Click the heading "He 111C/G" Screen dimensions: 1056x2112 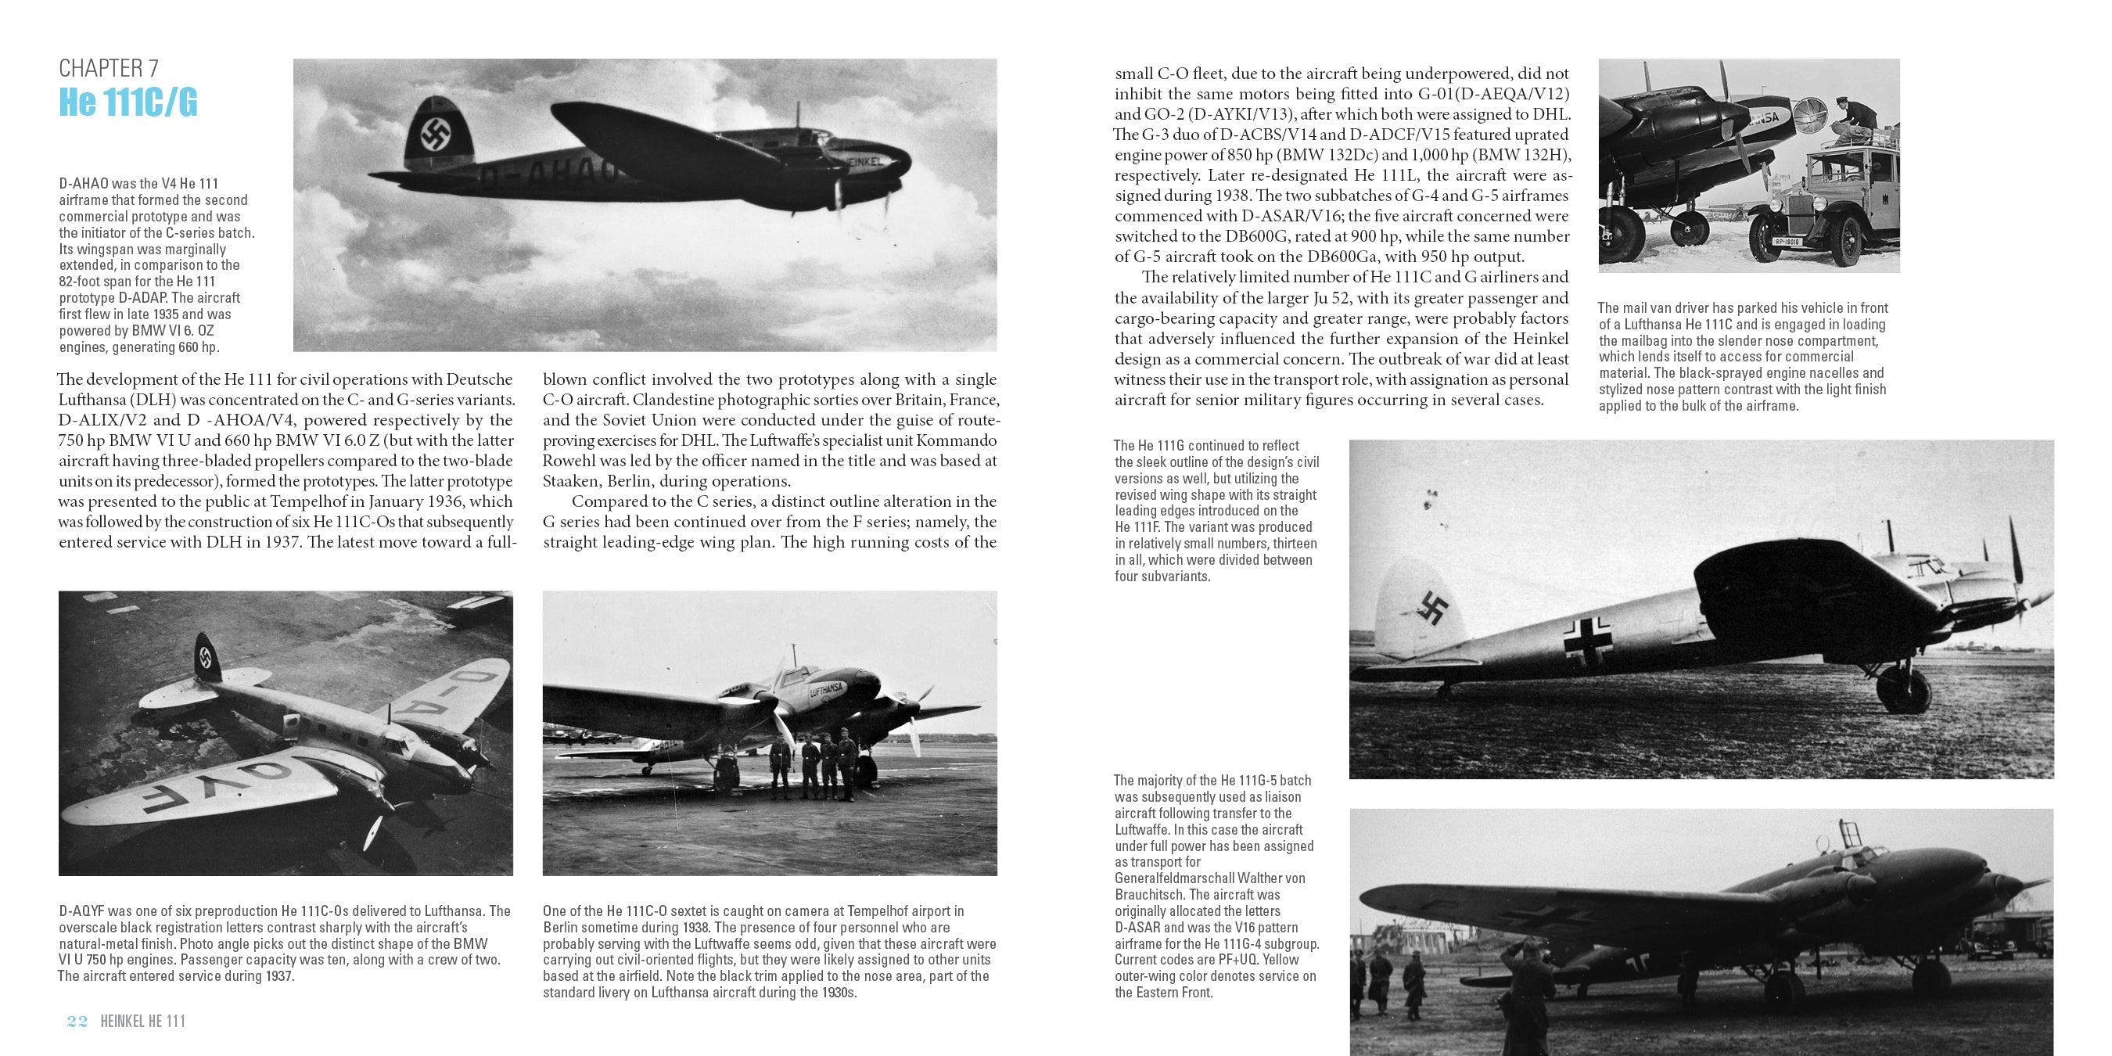tap(128, 103)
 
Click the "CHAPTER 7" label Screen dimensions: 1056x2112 tap(108, 68)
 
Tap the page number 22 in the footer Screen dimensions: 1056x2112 tap(77, 1021)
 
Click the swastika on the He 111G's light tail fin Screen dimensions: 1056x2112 tap(1432, 608)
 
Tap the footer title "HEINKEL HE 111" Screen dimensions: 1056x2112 tap(142, 1021)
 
